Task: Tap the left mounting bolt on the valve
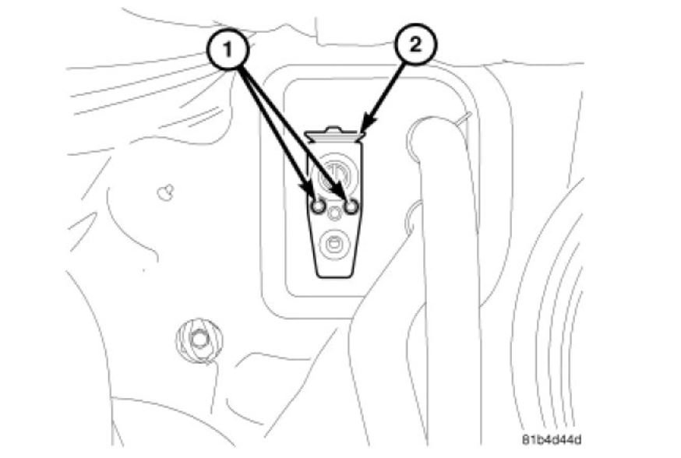pos(318,206)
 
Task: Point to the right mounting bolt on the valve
pos(351,206)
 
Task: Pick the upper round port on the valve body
pos(335,173)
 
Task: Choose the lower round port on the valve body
pos(334,244)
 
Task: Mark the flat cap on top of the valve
pos(335,137)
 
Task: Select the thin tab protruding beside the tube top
pos(464,118)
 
